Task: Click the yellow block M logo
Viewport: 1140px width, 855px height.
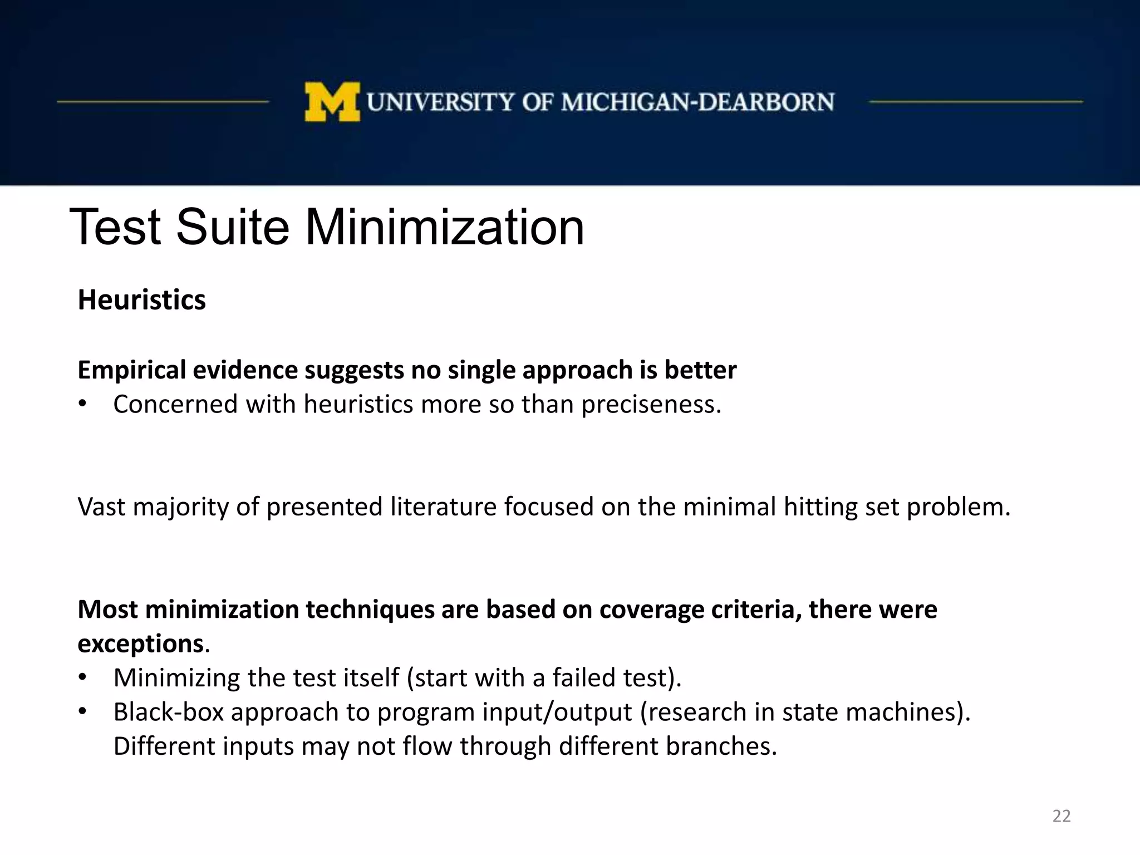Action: (x=332, y=102)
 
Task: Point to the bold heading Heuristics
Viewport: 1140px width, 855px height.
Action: (x=141, y=300)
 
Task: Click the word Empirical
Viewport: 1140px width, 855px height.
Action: (x=132, y=371)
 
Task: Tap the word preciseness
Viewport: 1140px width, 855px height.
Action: (x=651, y=405)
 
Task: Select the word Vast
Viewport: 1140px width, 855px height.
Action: (x=101, y=507)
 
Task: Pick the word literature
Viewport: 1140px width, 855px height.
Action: (x=443, y=507)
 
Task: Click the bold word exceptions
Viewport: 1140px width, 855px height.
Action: (x=140, y=644)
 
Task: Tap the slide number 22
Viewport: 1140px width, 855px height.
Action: (x=1061, y=816)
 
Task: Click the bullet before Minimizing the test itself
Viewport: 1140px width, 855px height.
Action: (x=83, y=678)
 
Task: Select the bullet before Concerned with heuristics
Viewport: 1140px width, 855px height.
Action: (x=83, y=405)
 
